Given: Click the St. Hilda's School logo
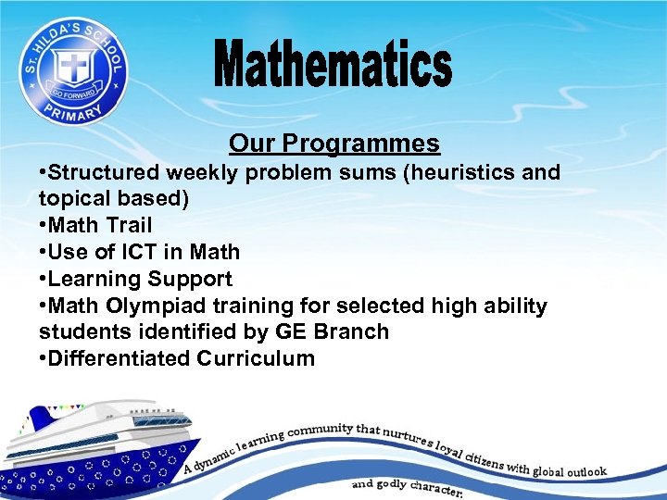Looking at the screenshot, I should pyautogui.click(x=73, y=69).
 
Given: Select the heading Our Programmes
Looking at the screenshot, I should pyautogui.click(x=334, y=144).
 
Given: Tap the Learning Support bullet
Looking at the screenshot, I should pyautogui.click(x=140, y=279).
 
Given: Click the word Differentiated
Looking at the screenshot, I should pyautogui.click(x=120, y=358).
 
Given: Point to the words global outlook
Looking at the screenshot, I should pyautogui.click(x=570, y=471).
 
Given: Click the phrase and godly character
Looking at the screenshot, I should pyautogui.click(x=408, y=487).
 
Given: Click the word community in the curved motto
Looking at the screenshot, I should pyautogui.click(x=321, y=429).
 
